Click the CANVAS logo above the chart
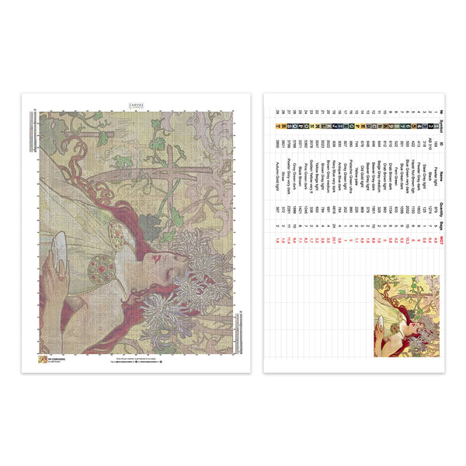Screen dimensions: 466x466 pyautogui.click(x=136, y=104)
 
